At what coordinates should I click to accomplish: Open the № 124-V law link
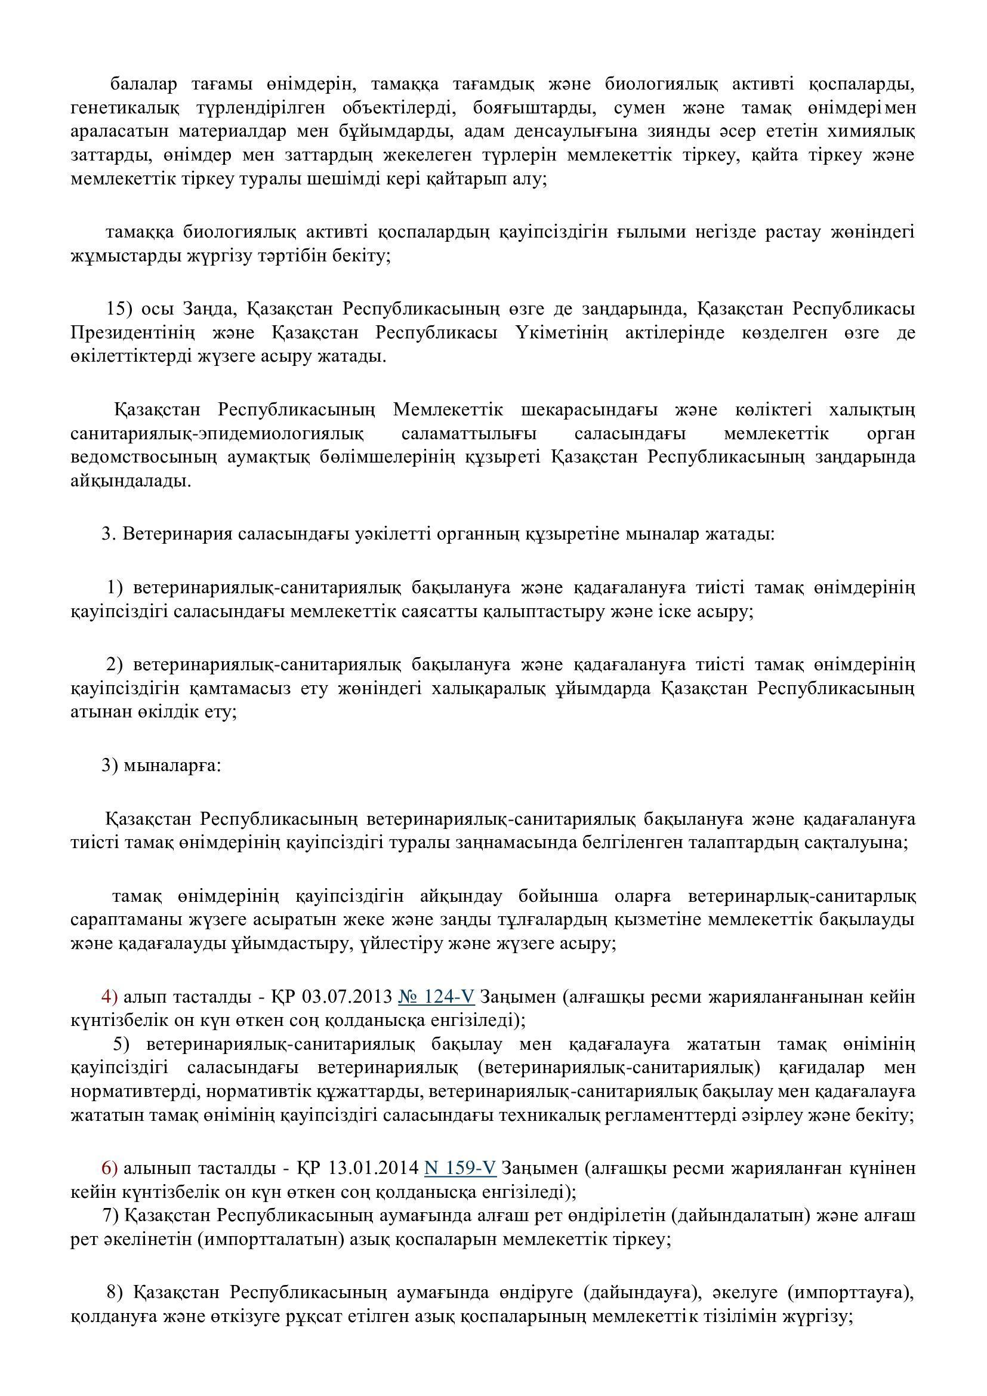[x=436, y=997]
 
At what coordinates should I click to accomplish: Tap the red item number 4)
[x=109, y=997]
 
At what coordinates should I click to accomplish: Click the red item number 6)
[x=109, y=1168]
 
